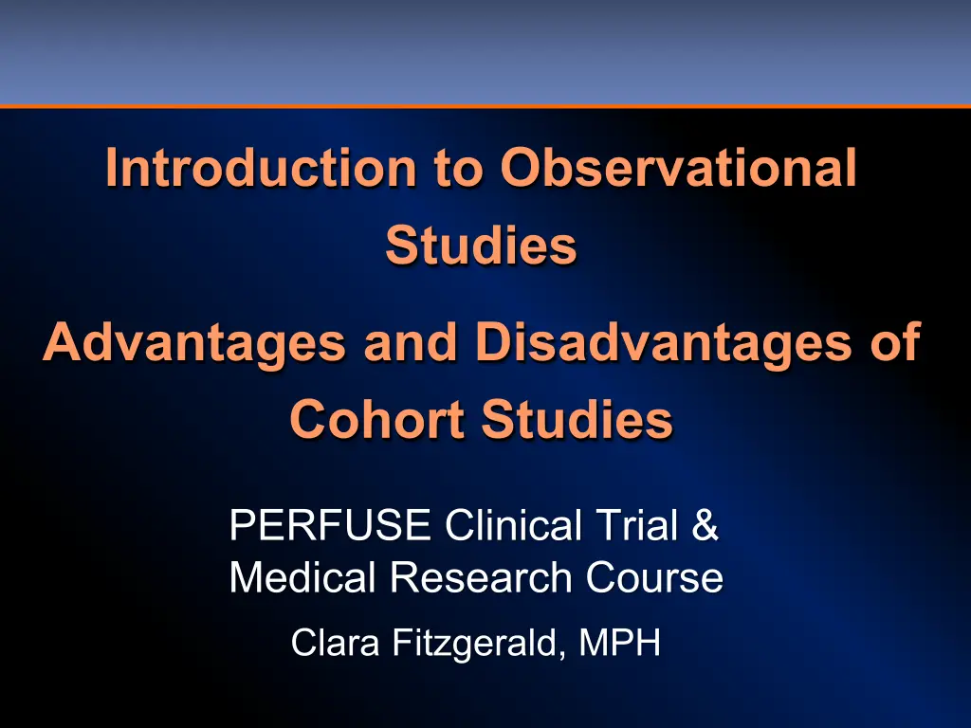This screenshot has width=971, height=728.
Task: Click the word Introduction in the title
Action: pos(261,167)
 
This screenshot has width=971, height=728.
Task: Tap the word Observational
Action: pos(679,167)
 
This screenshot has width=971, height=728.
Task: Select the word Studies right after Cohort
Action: pos(577,419)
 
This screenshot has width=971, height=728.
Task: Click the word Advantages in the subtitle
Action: pos(193,344)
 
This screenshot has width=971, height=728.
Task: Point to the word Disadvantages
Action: pos(663,344)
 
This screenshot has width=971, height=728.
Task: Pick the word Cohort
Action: pos(377,419)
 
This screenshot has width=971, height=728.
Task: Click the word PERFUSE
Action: pos(330,525)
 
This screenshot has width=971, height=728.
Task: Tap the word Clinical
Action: pos(513,525)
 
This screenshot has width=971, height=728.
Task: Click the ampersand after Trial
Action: pos(705,525)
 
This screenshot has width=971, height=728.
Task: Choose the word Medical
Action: pos(302,577)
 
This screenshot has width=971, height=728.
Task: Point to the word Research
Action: pos(481,577)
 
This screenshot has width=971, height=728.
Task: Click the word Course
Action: pos(654,577)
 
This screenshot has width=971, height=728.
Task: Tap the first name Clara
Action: pos(335,643)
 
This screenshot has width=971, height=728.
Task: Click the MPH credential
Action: pos(620,643)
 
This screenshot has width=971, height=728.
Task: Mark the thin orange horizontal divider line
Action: pos(485,106)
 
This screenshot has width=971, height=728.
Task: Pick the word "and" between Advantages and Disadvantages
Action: pos(411,344)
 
